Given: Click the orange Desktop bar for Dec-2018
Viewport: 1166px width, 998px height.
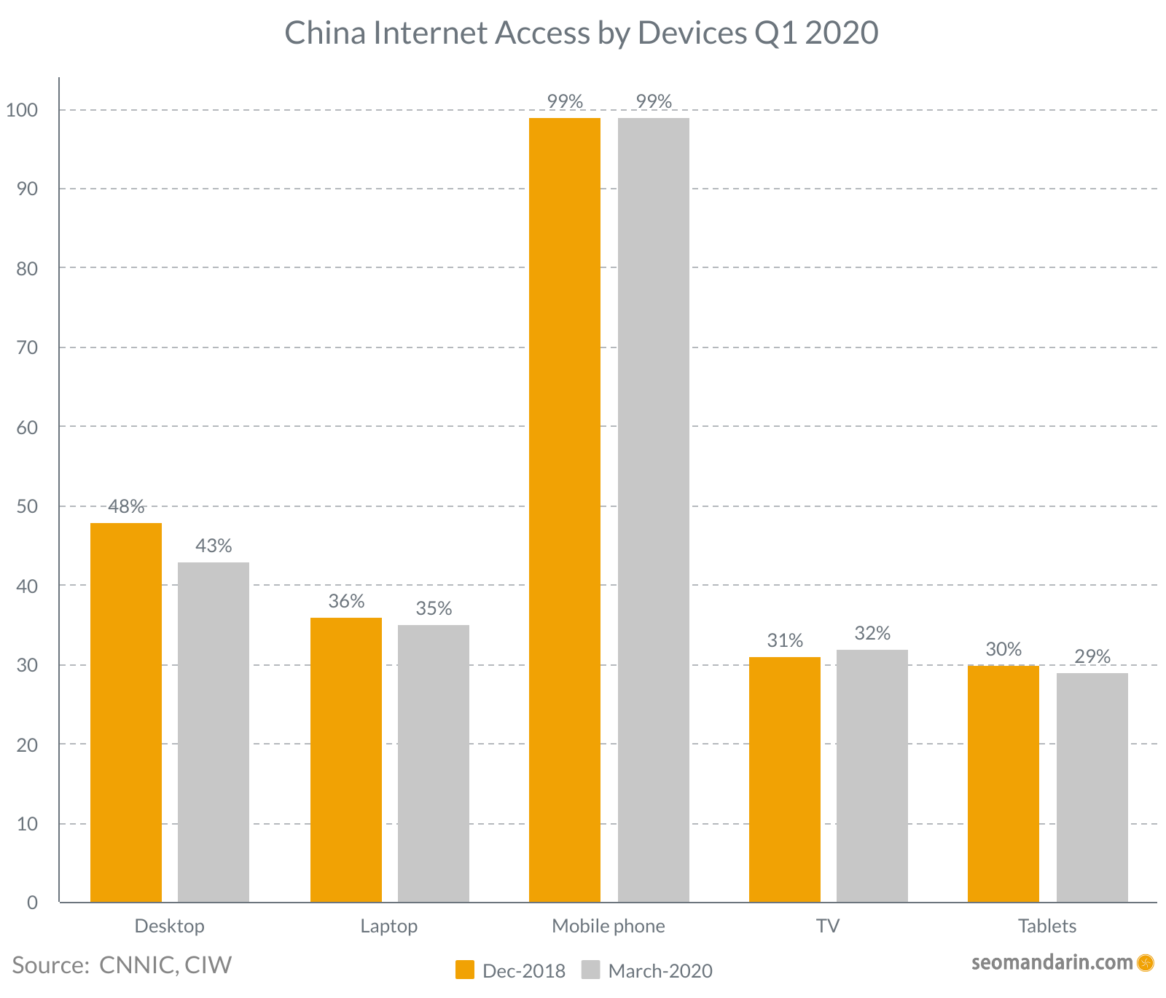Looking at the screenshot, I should coord(126,712).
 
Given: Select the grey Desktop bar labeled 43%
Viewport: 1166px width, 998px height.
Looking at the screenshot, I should coord(214,732).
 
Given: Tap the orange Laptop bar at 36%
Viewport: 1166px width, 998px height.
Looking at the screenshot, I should coord(346,760).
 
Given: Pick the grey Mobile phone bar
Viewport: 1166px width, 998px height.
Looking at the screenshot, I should coord(654,510).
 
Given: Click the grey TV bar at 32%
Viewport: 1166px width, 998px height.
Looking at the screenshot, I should coord(872,776).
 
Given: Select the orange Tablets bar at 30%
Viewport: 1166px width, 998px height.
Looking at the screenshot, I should coord(1003,784).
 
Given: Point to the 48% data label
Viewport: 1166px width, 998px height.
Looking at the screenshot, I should coord(126,506).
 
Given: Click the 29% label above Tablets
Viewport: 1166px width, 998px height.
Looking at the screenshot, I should coord(1092,656).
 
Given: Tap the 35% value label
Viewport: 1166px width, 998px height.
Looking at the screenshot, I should coord(434,608).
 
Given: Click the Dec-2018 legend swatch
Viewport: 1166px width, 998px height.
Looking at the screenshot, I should coord(465,970).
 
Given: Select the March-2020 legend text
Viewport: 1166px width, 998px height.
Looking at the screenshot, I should coord(660,971).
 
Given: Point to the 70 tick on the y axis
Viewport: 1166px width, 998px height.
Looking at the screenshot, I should coord(27,347).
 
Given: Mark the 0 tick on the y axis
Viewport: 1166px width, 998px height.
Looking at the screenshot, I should coord(32,903).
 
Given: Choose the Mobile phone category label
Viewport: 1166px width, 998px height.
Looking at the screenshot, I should coord(609,926).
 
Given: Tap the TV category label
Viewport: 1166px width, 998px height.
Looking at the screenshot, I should coord(828,926).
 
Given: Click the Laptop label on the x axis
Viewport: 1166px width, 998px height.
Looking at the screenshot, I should coord(389,926).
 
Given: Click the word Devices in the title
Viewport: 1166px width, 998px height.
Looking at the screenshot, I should coord(692,33).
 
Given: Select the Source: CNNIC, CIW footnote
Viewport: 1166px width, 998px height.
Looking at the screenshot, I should coord(122,964).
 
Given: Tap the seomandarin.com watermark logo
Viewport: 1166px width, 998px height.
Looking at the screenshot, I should coord(1145,963).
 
